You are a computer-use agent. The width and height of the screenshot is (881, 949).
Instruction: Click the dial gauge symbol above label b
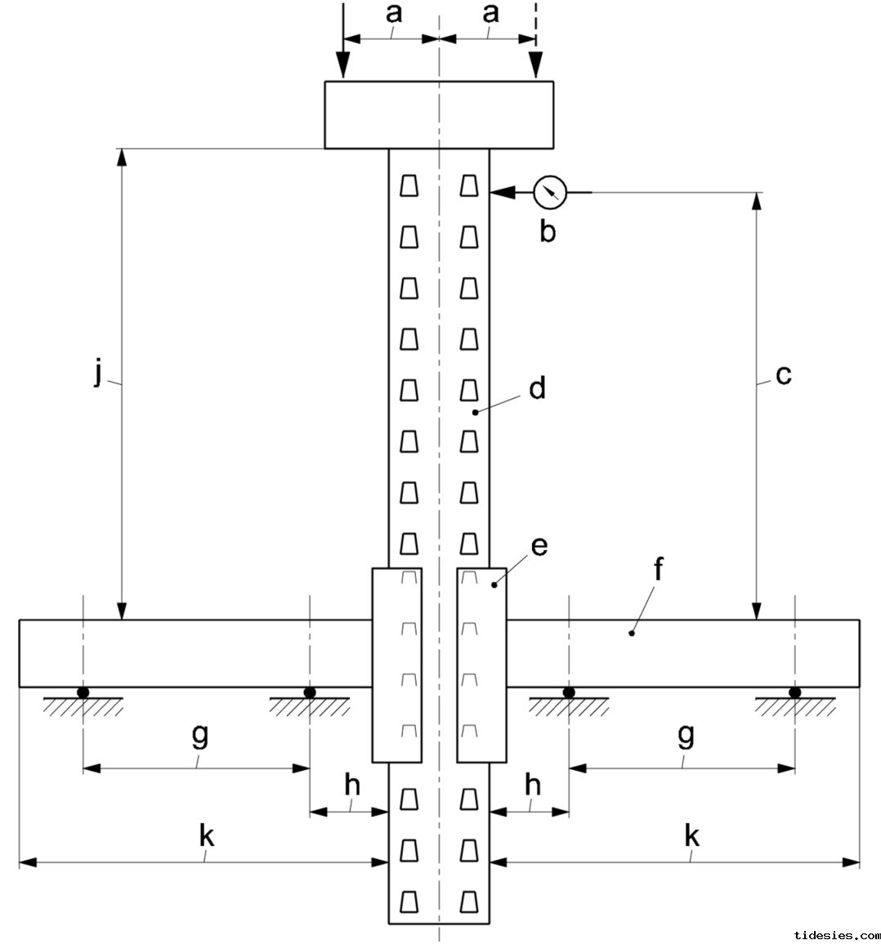point(549,193)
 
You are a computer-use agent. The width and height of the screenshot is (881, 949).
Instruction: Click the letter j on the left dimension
point(99,374)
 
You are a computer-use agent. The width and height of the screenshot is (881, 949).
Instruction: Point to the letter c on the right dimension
point(783,375)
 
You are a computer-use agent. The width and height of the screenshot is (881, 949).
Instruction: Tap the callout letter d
point(536,388)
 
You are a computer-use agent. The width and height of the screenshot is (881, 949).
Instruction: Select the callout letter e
point(539,546)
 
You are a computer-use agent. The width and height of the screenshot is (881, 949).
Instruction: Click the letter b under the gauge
point(548,232)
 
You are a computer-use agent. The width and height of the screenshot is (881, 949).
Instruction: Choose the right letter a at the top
point(490,14)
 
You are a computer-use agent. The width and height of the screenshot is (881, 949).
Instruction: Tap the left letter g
point(199,736)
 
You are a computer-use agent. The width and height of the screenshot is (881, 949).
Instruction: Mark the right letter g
point(686,736)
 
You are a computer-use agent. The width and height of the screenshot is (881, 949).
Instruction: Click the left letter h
point(351,786)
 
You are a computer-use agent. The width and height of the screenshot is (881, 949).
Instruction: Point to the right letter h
point(533,786)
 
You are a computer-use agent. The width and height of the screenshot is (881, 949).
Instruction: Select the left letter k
point(207,835)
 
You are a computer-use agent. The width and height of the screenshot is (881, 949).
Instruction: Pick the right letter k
point(691,835)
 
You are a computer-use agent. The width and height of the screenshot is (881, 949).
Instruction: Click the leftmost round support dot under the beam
point(83,692)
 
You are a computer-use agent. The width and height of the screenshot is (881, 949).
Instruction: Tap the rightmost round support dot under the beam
point(794,692)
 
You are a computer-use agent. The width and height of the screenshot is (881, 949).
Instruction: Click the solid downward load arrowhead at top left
point(343,65)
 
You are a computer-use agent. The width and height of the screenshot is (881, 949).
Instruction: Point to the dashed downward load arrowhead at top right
point(536,65)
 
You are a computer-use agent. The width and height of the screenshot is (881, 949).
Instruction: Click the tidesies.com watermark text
point(835,934)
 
